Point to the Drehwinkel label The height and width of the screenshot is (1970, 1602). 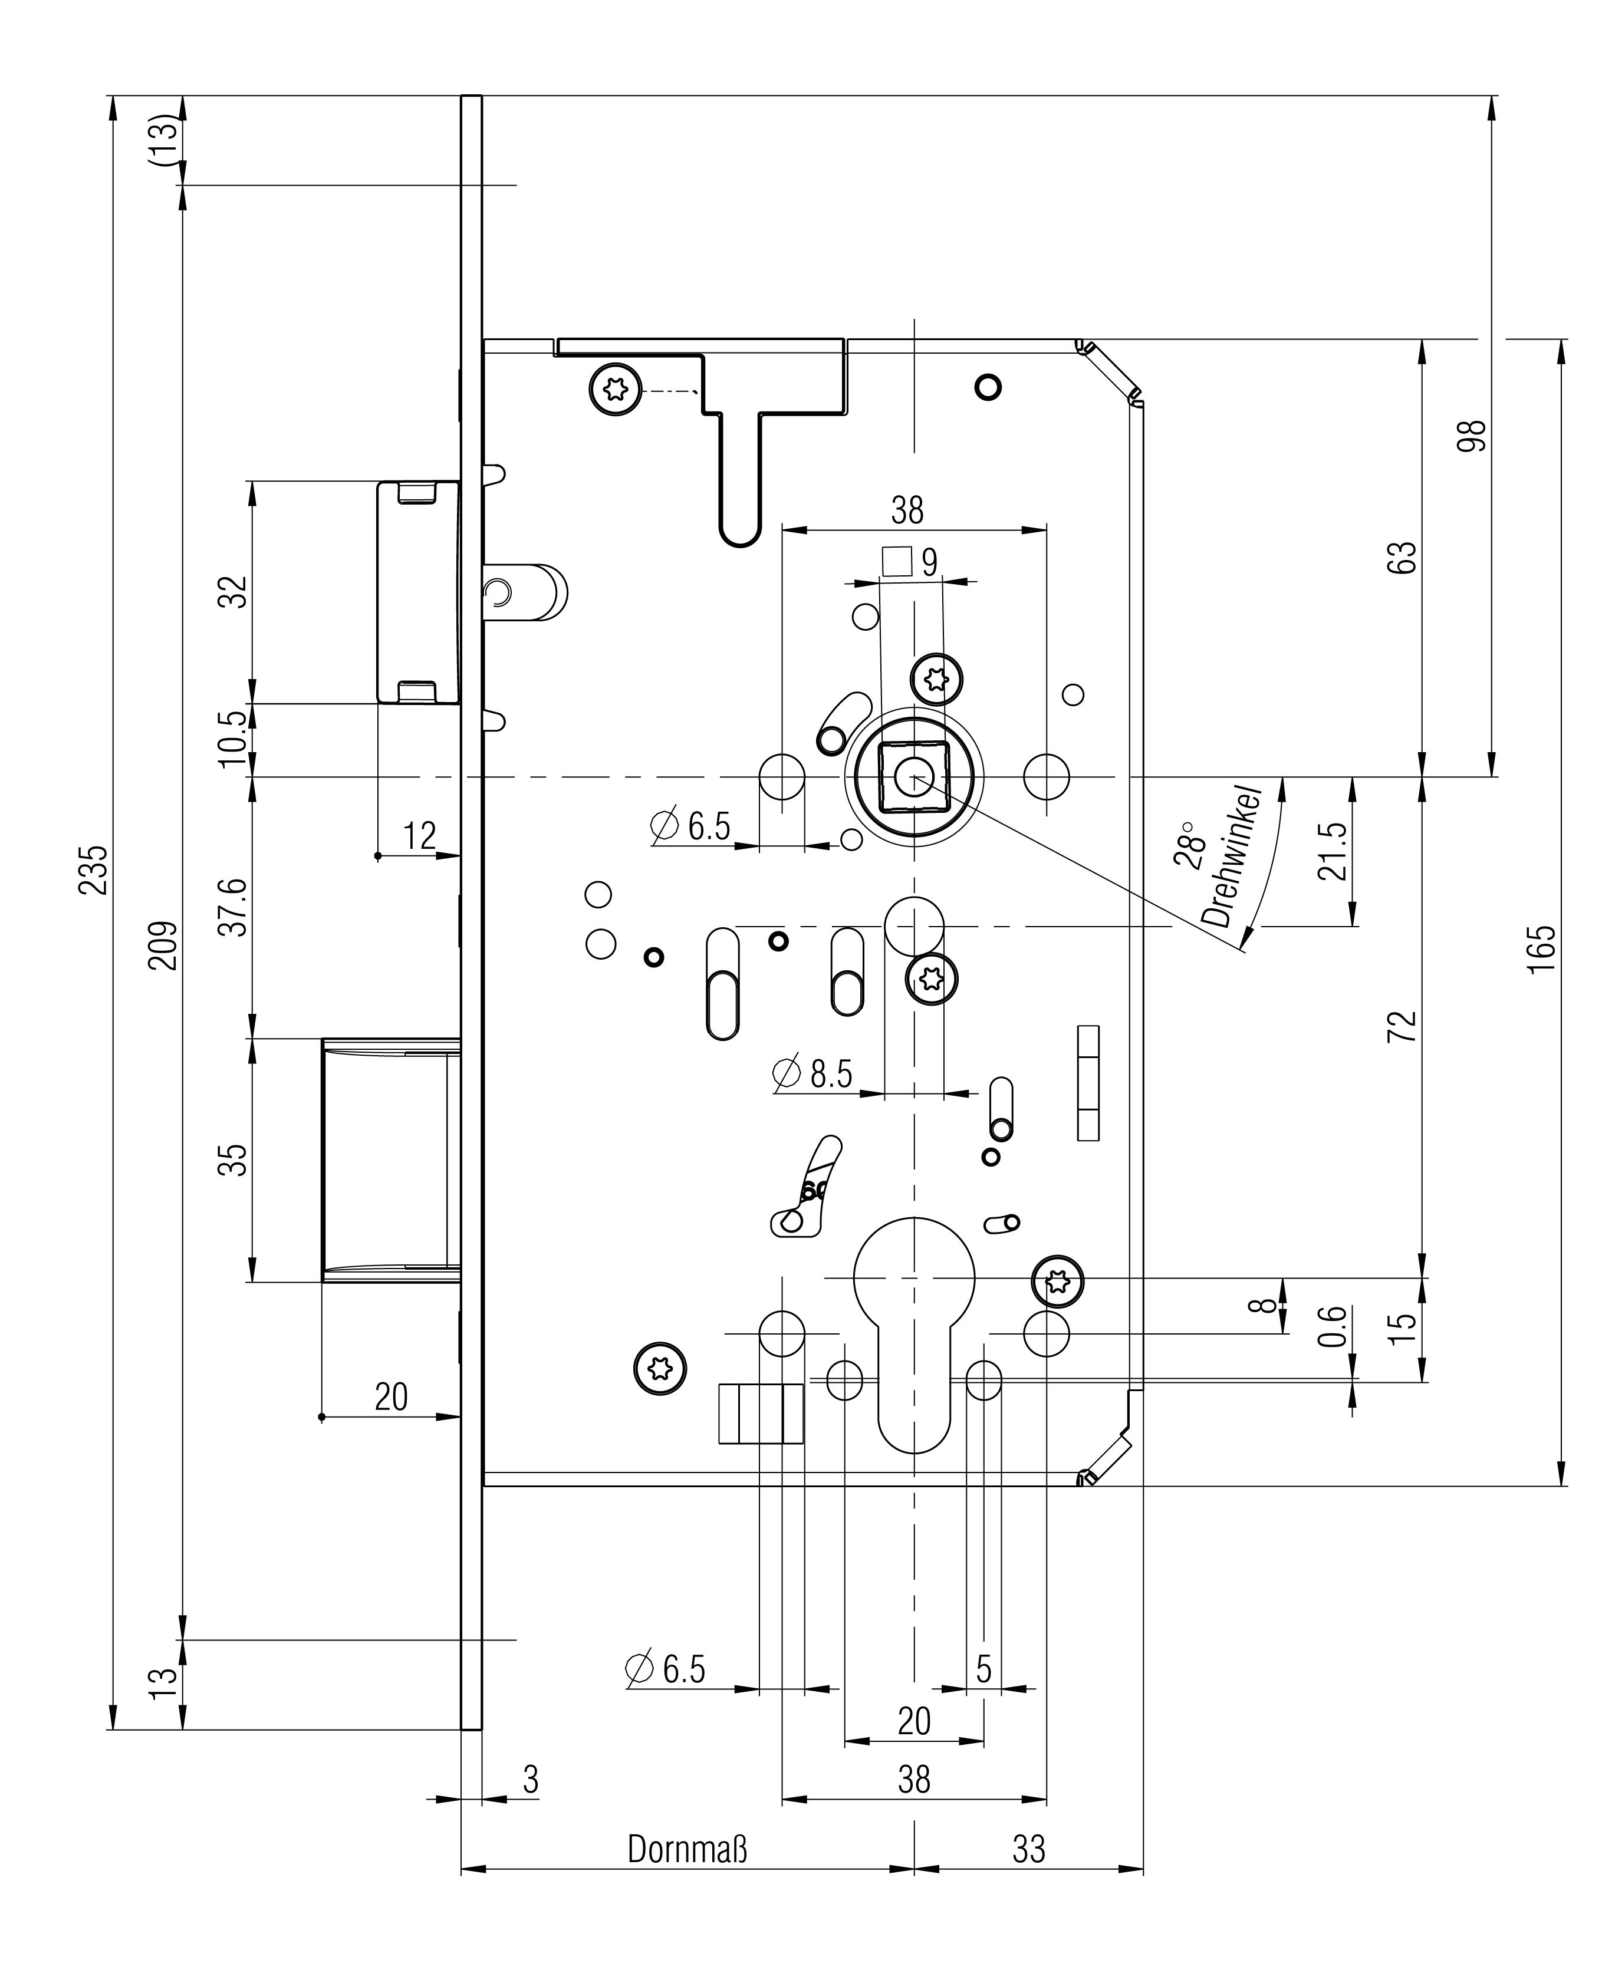pyautogui.click(x=1232, y=858)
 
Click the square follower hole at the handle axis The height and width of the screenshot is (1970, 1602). pyautogui.click(x=913, y=777)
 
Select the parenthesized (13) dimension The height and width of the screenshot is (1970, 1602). pyautogui.click(x=163, y=140)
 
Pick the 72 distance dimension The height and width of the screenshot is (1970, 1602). pyautogui.click(x=1402, y=1026)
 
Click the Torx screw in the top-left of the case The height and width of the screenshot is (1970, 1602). pyautogui.click(x=614, y=390)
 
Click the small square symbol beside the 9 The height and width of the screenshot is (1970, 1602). pyautogui.click(x=897, y=561)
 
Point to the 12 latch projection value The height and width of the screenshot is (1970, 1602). pyautogui.click(x=419, y=835)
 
